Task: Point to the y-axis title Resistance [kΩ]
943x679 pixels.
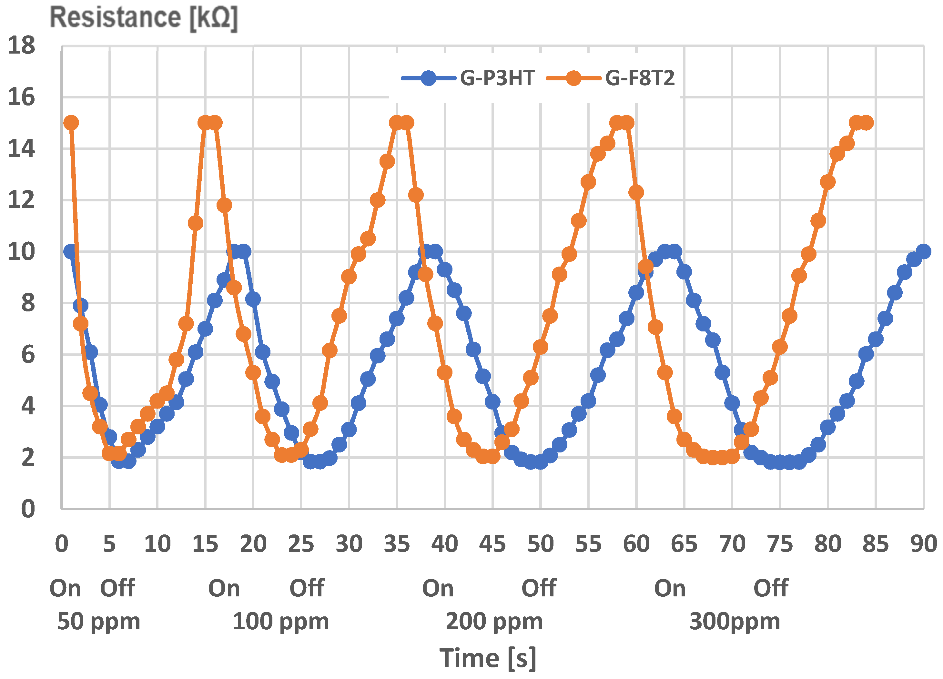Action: pos(143,17)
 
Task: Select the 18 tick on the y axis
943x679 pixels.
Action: pos(22,45)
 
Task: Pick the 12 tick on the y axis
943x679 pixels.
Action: pos(22,200)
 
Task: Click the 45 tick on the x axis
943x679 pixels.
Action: pos(492,544)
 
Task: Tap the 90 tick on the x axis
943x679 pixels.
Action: pos(923,544)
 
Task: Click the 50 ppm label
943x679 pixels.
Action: pos(98,621)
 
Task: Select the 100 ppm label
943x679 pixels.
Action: pos(281,621)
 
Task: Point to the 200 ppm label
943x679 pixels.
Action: pos(494,621)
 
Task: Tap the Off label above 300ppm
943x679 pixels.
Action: pos(770,588)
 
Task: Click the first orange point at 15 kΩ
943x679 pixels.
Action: pos(71,123)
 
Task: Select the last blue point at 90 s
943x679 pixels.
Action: pos(923,251)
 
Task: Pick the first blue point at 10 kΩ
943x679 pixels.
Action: pos(70,251)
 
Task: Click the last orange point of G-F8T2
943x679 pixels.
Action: pos(867,123)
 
